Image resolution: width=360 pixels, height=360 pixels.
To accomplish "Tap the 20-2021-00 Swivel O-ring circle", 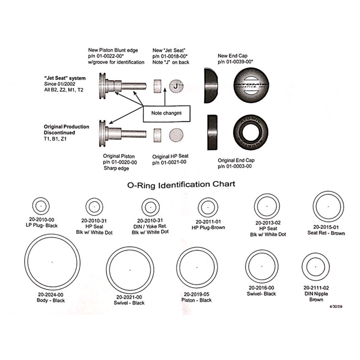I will coord(130,269).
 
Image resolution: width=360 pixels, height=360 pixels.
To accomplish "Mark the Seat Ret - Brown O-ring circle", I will coord(329,206).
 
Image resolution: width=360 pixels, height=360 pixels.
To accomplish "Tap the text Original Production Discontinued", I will coord(66,130).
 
